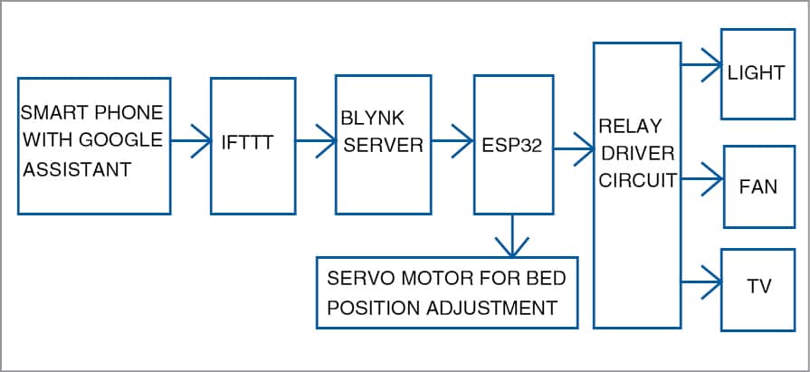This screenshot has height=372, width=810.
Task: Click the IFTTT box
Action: coord(253,144)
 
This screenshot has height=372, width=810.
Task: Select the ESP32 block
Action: coord(513,144)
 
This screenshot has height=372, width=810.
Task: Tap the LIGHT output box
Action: coord(757,73)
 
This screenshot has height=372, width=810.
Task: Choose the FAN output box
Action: coord(757,186)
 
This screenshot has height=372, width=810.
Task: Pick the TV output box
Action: coord(757,289)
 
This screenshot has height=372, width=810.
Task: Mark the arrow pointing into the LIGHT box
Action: coord(700,64)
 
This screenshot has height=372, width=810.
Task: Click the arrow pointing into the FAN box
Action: coord(700,177)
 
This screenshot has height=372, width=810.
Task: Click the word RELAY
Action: coord(629,125)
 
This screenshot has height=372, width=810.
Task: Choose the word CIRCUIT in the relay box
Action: coord(637,179)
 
